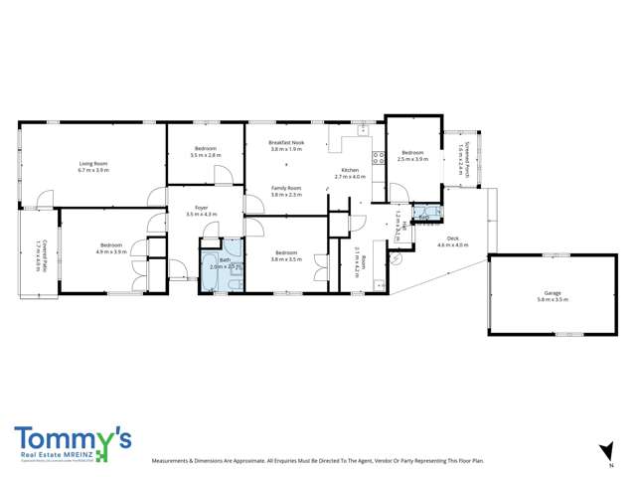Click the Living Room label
pos(93,163)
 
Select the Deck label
pos(453,238)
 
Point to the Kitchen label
pos(350,171)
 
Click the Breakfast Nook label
pos(285,143)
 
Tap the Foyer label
pos(201,207)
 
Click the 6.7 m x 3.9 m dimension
pos(93,170)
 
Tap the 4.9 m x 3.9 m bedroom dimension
pos(111,251)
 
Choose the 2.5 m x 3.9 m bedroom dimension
pos(412,159)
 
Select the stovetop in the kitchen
pos(377,155)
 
